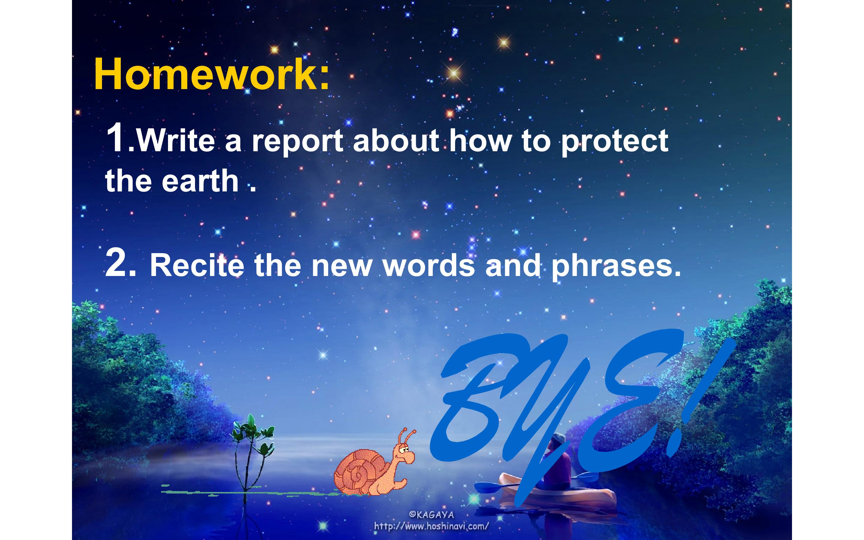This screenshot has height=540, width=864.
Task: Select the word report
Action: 298,142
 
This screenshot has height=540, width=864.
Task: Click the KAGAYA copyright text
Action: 431,514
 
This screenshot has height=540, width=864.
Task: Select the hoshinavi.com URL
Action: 431,526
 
